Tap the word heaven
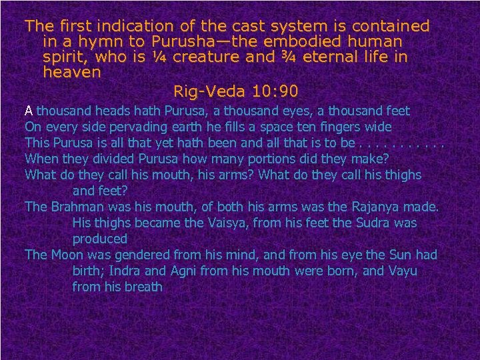(72, 73)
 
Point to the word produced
(100, 239)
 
